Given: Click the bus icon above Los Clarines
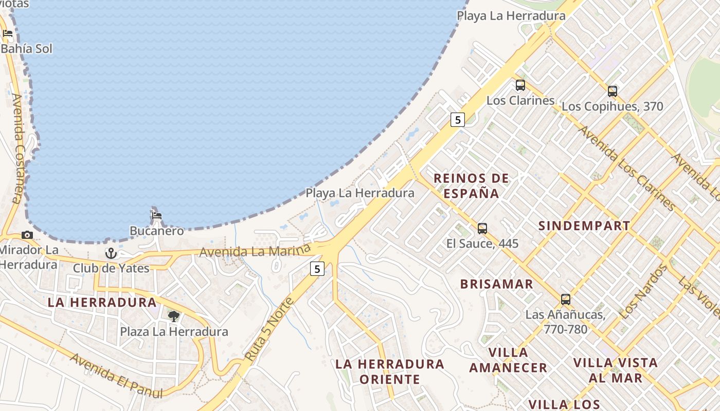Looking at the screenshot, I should pyautogui.click(x=520, y=85).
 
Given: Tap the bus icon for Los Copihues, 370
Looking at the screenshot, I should pyautogui.click(x=612, y=91).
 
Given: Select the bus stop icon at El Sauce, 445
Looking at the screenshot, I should pyautogui.click(x=482, y=229).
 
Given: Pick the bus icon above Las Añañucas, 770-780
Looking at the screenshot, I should pyautogui.click(x=566, y=300).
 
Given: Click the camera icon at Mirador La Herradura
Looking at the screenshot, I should pyautogui.click(x=27, y=235).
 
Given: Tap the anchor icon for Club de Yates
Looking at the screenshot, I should pyautogui.click(x=111, y=253).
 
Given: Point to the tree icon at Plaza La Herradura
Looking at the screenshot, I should pyautogui.click(x=174, y=316).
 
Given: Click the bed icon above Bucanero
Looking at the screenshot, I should pyautogui.click(x=157, y=216).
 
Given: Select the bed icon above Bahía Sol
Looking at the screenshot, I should pyautogui.click(x=8, y=34).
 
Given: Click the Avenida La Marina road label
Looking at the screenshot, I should pyautogui.click(x=255, y=251).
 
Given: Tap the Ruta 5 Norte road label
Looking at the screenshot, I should pyautogui.click(x=268, y=329).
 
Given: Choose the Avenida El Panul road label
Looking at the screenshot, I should pyautogui.click(x=116, y=376).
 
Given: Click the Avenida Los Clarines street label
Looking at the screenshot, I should pyautogui.click(x=626, y=168).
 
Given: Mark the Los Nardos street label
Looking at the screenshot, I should pyautogui.click(x=642, y=292).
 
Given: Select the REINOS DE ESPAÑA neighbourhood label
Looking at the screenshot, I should pyautogui.click(x=471, y=185).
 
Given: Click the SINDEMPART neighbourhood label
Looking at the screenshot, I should pyautogui.click(x=584, y=226).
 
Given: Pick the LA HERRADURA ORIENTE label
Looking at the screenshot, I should pyautogui.click(x=389, y=371).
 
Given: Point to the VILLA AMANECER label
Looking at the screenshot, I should pyautogui.click(x=508, y=360).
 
